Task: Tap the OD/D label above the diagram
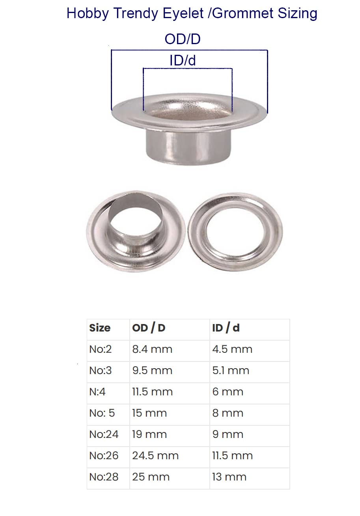[x=183, y=39]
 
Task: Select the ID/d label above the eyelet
[x=183, y=61]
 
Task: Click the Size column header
[x=100, y=328]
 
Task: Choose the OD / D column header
[x=149, y=328]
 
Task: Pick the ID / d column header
[x=226, y=328]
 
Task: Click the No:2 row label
[x=101, y=349]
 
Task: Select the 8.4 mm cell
[x=152, y=349]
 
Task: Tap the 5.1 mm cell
[x=231, y=371]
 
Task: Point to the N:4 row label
[x=97, y=392]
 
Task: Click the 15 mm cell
[x=149, y=413]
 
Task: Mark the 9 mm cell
[x=228, y=434]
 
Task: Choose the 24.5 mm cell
[x=155, y=456]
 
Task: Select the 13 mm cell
[x=229, y=477]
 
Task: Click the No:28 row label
[x=104, y=477]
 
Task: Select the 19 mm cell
[x=149, y=434]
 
